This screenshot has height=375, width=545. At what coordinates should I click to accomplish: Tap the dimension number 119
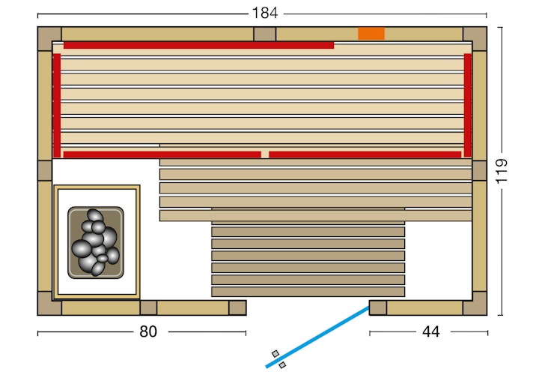[502, 171]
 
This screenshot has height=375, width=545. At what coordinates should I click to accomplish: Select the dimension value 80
[148, 331]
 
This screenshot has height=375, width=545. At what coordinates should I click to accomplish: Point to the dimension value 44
[431, 331]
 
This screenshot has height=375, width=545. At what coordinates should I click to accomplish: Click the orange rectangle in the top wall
[371, 34]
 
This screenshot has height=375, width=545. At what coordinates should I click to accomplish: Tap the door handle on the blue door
[278, 358]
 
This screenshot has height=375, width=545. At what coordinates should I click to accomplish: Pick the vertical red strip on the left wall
[57, 105]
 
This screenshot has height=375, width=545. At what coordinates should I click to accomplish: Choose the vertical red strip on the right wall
[468, 105]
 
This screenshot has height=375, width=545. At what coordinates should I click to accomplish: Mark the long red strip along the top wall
[198, 45]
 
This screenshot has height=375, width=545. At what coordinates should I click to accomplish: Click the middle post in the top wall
[264, 34]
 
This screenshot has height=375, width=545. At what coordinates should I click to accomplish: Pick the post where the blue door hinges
[378, 307]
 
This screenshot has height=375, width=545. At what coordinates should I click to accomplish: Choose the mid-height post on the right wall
[479, 170]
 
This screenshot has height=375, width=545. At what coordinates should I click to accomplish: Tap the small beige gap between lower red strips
[265, 154]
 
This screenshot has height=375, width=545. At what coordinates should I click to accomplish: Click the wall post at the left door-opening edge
[237, 307]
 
